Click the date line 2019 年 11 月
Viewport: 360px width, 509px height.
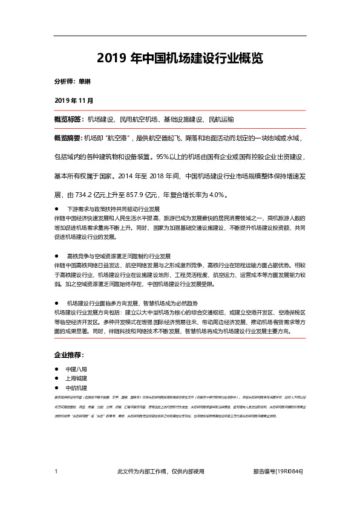point(74,99)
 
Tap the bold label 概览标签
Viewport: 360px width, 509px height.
point(68,120)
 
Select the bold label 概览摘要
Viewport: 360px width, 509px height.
point(68,138)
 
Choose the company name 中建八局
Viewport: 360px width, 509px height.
point(77,369)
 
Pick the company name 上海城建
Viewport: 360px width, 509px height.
point(77,378)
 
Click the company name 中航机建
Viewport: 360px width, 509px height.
point(77,387)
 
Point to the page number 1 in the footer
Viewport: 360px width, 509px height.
point(56,471)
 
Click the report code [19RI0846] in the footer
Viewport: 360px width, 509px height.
point(289,471)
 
